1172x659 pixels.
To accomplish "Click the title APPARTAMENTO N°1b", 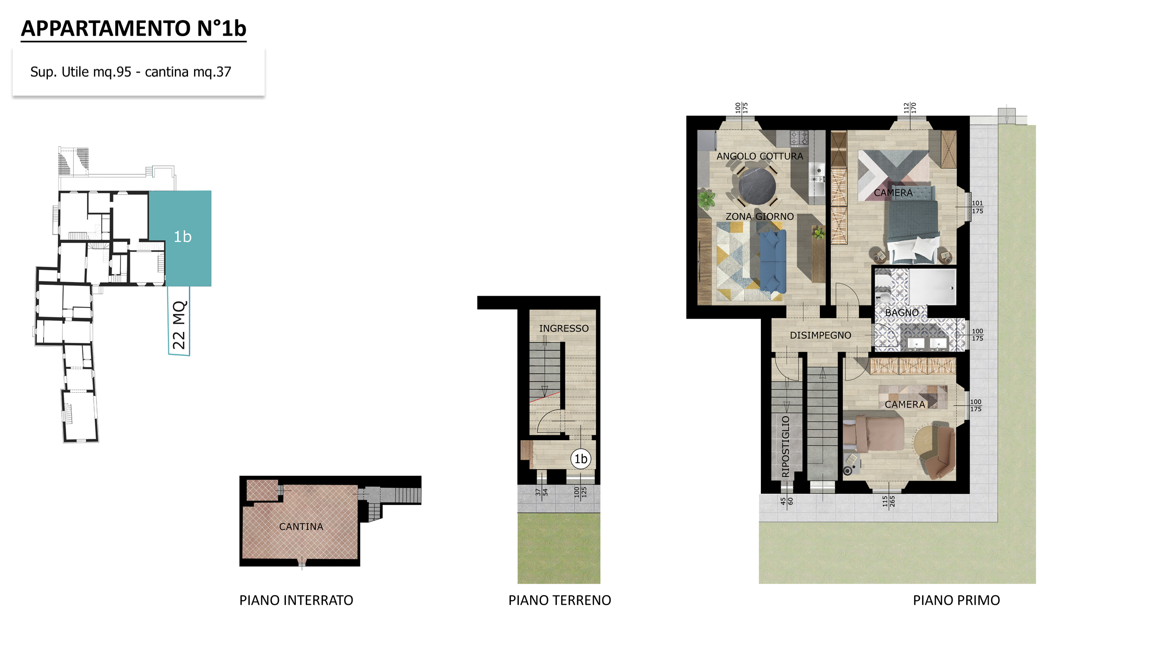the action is click(134, 29).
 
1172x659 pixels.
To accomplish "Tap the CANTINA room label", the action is click(301, 527).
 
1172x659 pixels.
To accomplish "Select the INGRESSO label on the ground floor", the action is click(563, 329).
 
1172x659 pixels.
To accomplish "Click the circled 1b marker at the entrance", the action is click(580, 459).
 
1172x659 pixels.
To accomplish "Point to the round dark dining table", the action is click(757, 186).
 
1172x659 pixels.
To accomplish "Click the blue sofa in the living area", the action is click(773, 261).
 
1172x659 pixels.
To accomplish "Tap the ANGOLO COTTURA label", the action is click(759, 156).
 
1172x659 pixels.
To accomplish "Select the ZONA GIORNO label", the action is click(759, 217).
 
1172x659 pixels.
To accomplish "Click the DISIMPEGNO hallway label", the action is click(820, 336).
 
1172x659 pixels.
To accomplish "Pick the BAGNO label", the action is click(902, 313).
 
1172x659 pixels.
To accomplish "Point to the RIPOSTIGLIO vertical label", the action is click(786, 446).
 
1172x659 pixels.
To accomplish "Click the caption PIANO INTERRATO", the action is click(296, 600).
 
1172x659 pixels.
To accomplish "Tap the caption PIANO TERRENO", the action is click(560, 600).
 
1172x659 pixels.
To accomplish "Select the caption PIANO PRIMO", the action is click(956, 600).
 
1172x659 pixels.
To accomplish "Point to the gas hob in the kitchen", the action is click(799, 139).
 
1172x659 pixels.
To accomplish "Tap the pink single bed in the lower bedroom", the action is click(873, 434).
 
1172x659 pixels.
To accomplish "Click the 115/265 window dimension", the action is click(888, 501).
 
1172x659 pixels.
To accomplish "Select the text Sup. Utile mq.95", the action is click(81, 72).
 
